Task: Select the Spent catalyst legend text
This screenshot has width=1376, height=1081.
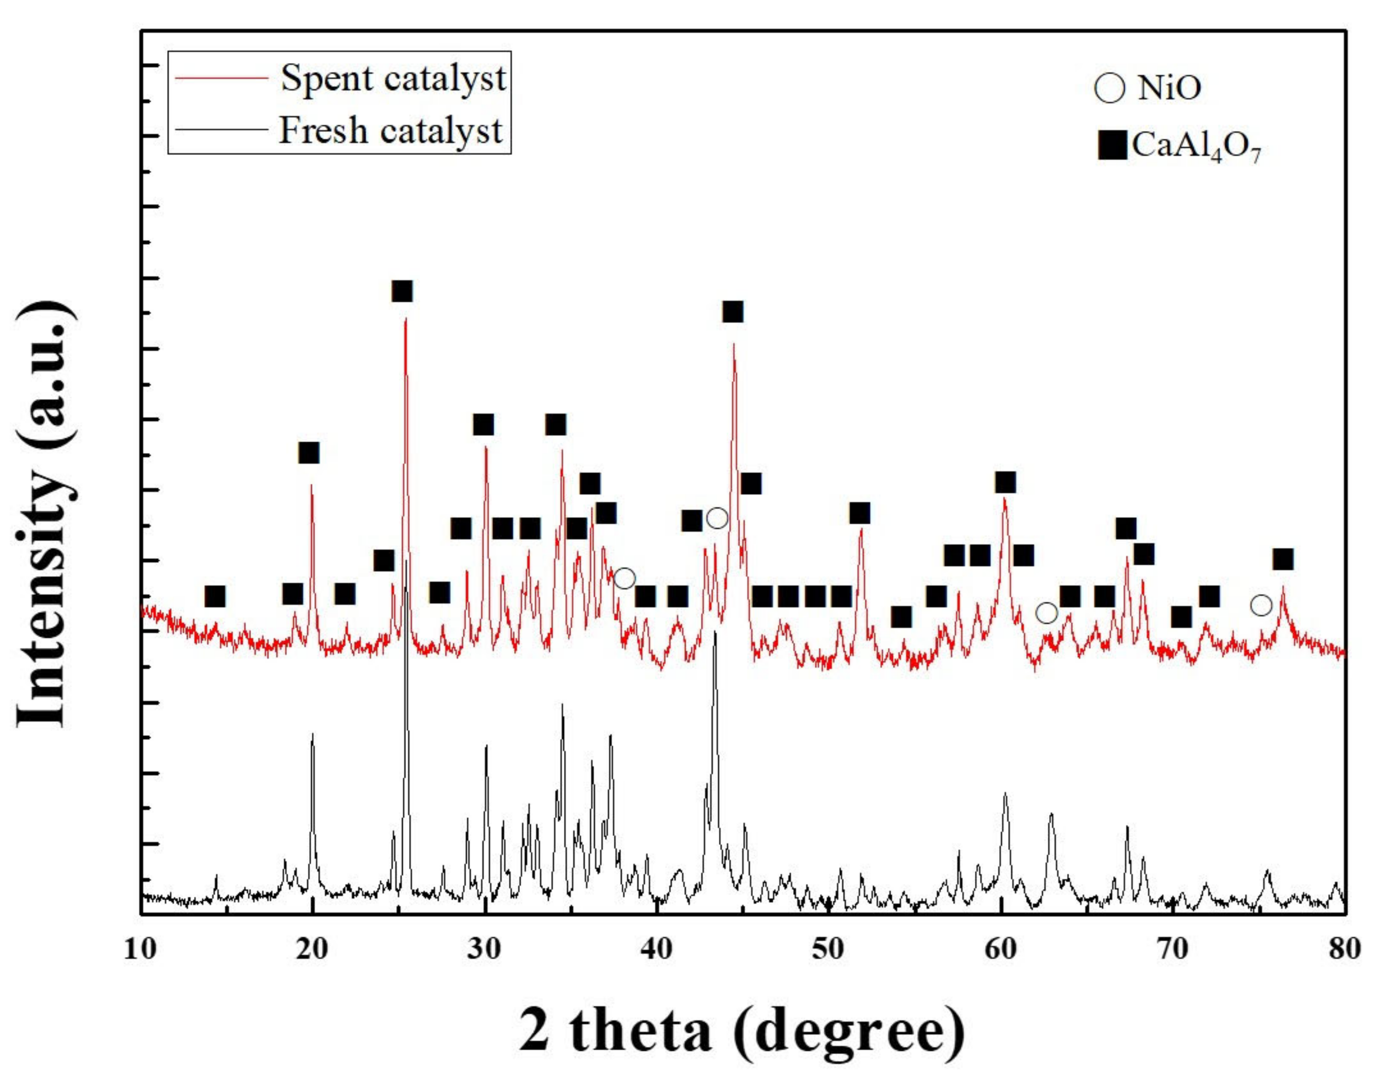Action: (x=393, y=79)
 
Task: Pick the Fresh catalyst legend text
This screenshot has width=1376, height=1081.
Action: (x=390, y=130)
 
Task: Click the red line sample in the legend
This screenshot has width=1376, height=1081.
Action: (x=221, y=79)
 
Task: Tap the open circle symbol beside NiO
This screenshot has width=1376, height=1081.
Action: (x=1110, y=87)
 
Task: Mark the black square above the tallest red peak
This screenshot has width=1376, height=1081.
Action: (x=402, y=292)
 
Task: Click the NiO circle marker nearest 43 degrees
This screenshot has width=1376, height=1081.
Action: (x=717, y=519)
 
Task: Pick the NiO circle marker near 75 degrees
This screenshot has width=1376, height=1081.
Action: (x=1261, y=605)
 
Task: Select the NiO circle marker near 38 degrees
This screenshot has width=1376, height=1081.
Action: (x=624, y=578)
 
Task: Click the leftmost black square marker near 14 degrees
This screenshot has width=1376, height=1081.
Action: (x=215, y=596)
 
